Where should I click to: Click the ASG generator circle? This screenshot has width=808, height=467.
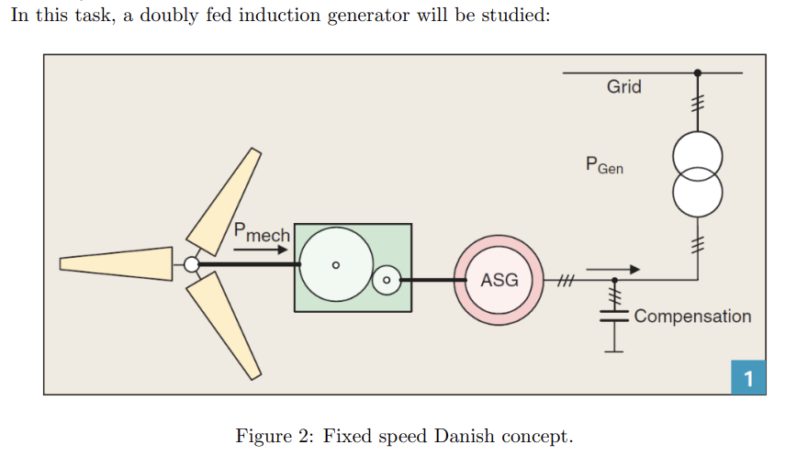(499, 280)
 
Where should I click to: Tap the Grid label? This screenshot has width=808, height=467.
(623, 87)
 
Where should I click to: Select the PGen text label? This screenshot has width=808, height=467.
(603, 166)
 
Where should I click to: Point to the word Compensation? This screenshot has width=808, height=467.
(691, 317)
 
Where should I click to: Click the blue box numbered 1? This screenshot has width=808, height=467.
(747, 378)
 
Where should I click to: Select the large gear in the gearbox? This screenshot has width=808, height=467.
(335, 265)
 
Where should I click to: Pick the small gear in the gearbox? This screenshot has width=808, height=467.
(387, 279)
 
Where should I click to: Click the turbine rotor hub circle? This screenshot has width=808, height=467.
(191, 265)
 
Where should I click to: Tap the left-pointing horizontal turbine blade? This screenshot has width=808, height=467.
(116, 263)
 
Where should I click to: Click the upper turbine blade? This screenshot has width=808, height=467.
(224, 203)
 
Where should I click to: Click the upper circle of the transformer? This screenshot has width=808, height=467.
(697, 158)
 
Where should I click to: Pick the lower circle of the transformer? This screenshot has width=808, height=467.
(697, 190)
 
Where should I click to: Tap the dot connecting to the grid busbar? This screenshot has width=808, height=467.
(698, 72)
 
